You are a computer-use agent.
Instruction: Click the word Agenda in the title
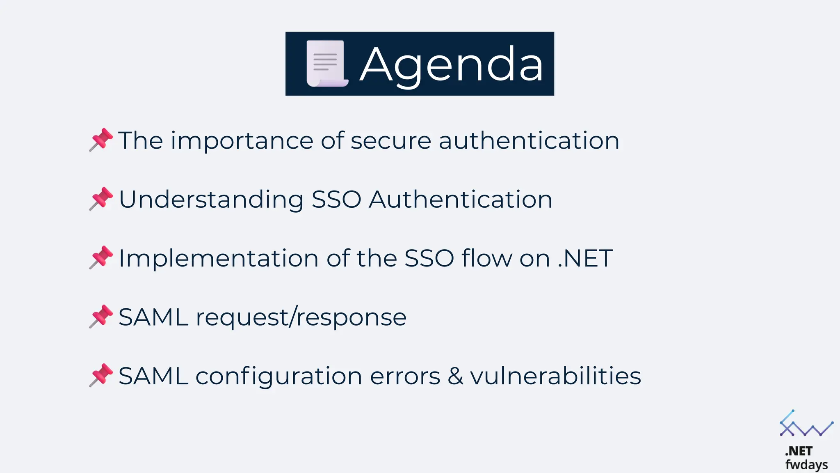452,65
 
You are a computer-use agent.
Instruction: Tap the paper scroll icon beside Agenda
326,64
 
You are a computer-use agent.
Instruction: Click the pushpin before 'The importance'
101,140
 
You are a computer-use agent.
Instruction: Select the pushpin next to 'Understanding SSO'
101,199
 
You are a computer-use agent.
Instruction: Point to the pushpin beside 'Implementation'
101,257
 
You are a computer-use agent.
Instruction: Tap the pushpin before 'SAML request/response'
101,316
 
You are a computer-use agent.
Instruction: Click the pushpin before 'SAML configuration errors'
101,375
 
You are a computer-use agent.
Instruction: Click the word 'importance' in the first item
242,141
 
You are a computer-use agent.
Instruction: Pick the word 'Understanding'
211,200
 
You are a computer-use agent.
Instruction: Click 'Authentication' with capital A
460,200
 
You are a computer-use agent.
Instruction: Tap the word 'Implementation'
219,259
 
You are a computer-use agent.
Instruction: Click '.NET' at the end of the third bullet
585,259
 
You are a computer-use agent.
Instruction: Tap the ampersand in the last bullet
455,376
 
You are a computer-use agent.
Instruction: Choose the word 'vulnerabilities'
555,376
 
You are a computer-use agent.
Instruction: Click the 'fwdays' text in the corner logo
806,465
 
